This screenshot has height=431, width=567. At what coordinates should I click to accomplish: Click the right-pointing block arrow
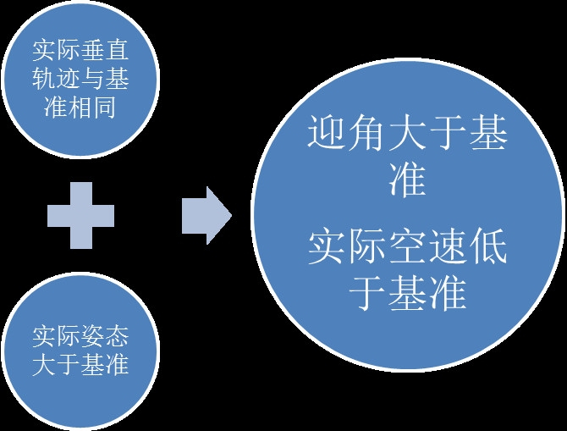(x=206, y=215)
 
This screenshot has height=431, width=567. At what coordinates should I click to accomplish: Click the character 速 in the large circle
(x=449, y=250)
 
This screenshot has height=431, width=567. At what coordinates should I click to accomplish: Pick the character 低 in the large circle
(x=489, y=250)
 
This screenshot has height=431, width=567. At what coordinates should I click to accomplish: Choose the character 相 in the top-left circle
(x=80, y=108)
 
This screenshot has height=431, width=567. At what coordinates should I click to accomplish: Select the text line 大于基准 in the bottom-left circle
(x=80, y=365)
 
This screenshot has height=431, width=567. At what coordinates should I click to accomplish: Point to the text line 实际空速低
(x=408, y=250)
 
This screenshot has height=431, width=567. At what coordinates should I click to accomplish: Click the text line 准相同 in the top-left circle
(x=80, y=108)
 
